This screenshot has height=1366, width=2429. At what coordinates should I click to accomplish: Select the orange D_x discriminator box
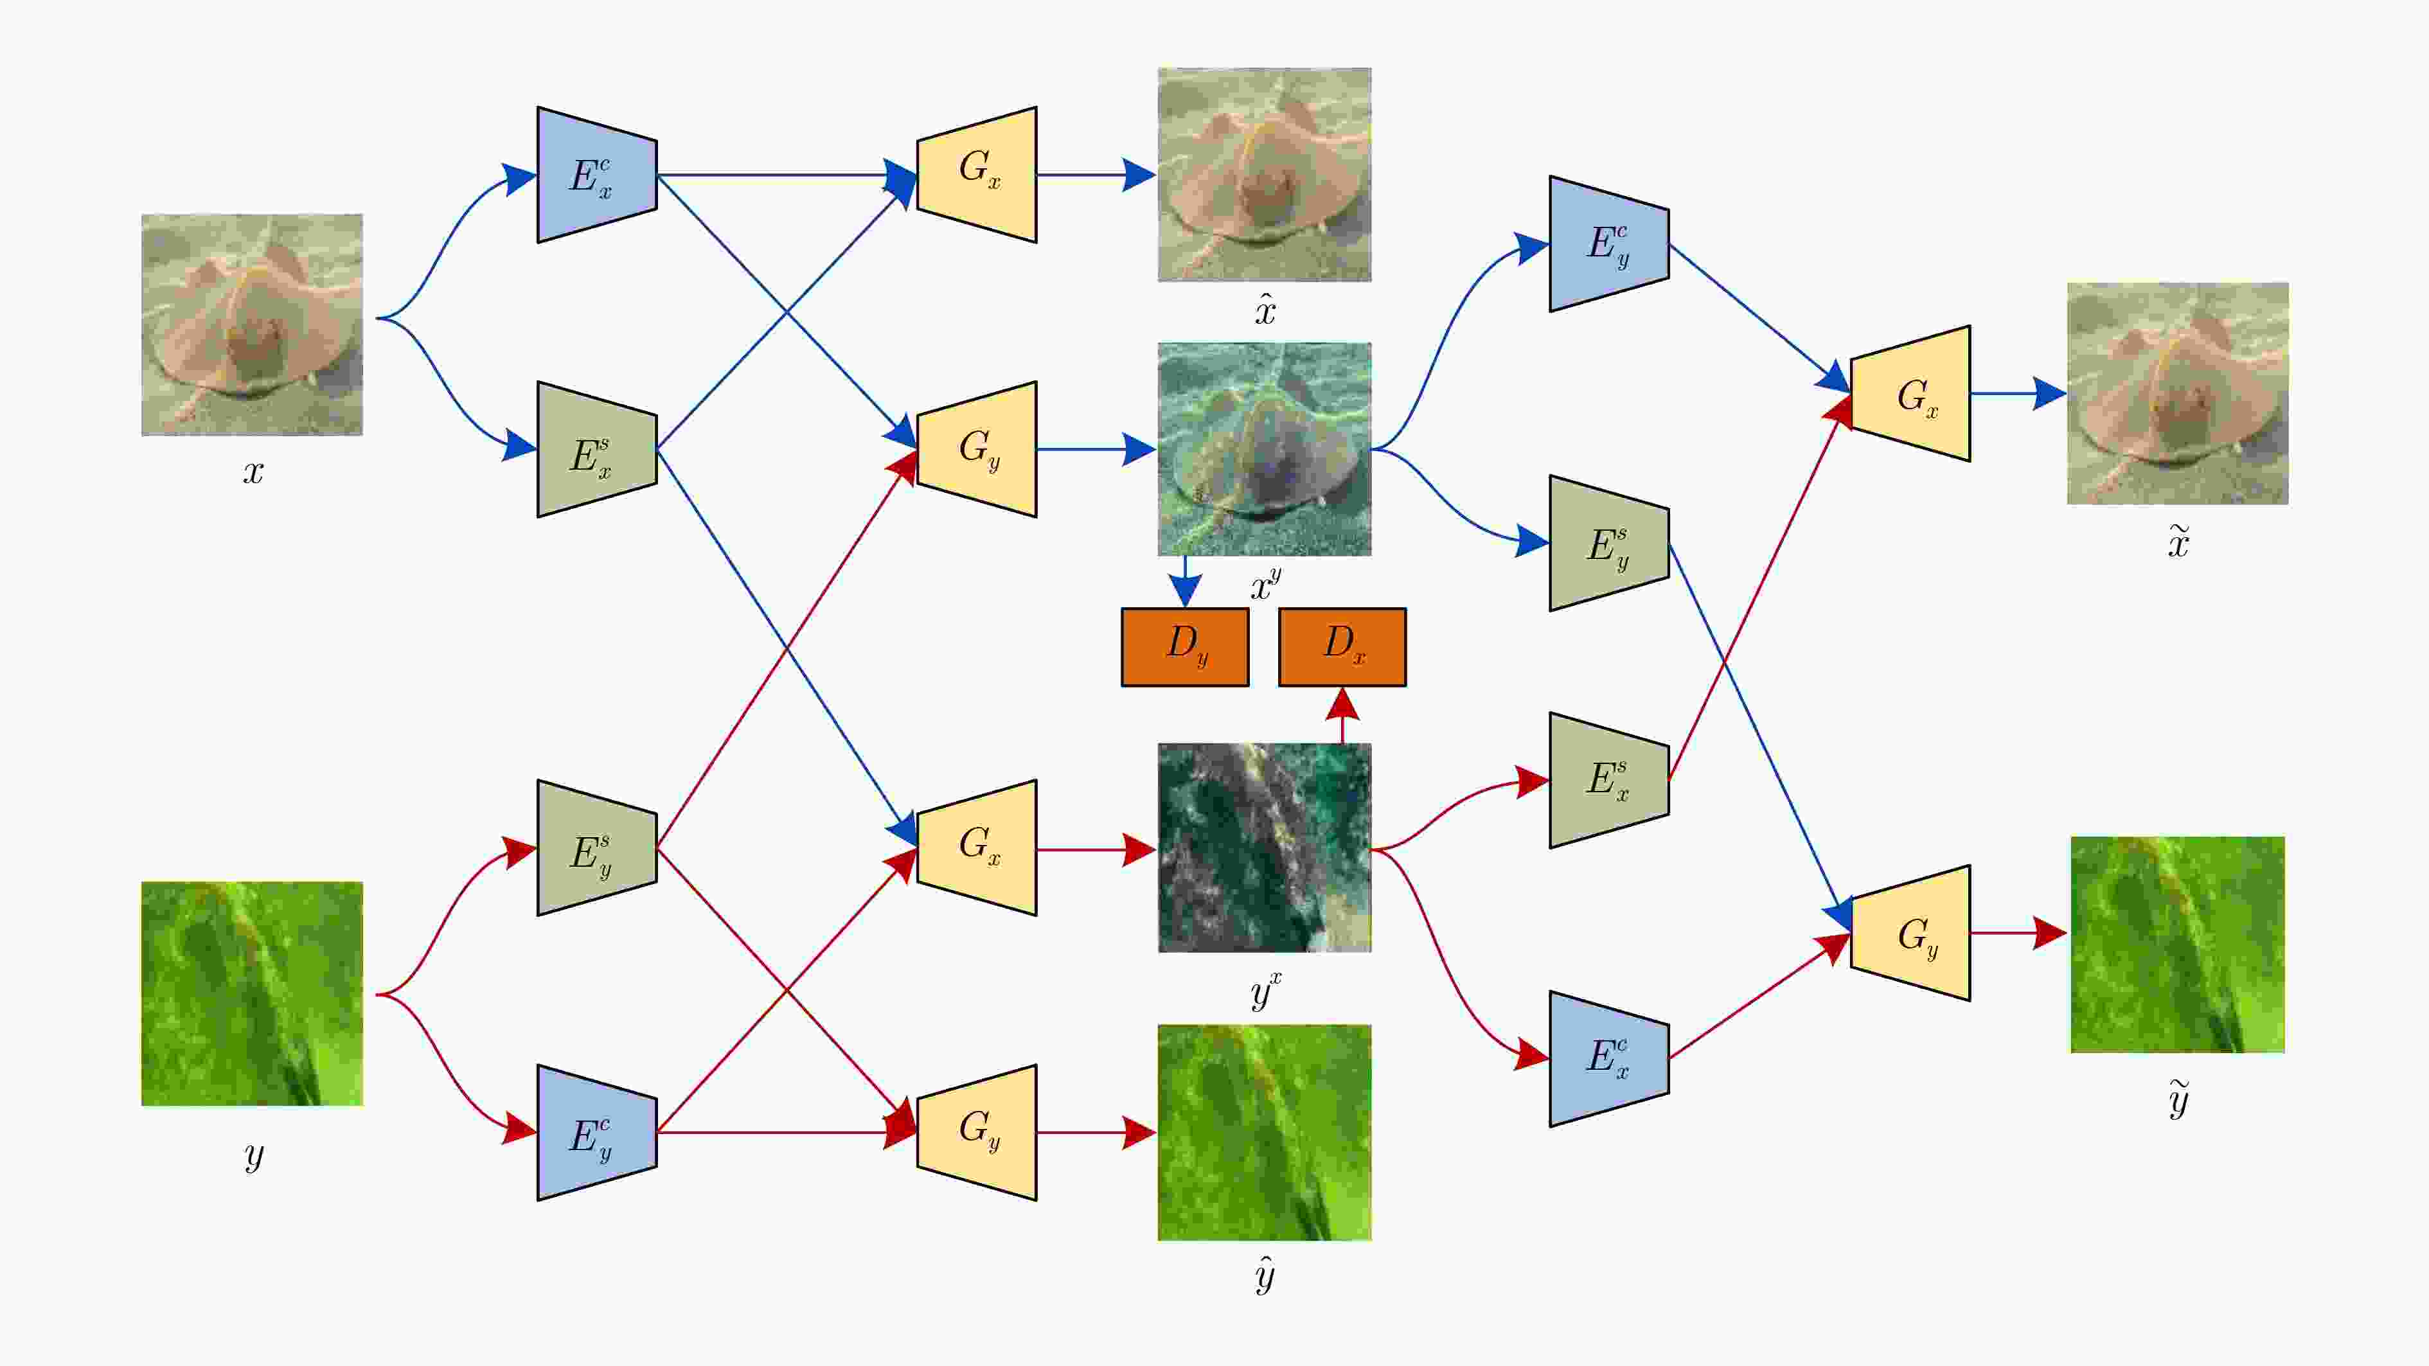(1342, 647)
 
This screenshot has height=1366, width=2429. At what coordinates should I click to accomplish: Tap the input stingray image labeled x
(252, 324)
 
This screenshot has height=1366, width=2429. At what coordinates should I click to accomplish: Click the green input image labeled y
(252, 993)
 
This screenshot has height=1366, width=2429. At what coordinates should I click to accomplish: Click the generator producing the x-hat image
(977, 174)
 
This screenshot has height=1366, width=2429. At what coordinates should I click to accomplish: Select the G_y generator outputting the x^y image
(977, 448)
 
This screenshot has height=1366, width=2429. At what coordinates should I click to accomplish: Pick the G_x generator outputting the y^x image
(977, 847)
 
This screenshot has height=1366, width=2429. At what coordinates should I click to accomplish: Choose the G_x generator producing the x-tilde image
(1910, 393)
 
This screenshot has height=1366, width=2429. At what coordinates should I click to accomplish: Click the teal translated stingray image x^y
(1265, 448)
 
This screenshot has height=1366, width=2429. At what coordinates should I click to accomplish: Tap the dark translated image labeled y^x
(1265, 847)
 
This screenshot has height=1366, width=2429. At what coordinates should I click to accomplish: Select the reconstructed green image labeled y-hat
(1265, 1132)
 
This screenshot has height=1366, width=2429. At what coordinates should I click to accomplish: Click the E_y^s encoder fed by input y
(597, 847)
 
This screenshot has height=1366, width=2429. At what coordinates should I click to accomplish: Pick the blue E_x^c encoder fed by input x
(597, 174)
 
